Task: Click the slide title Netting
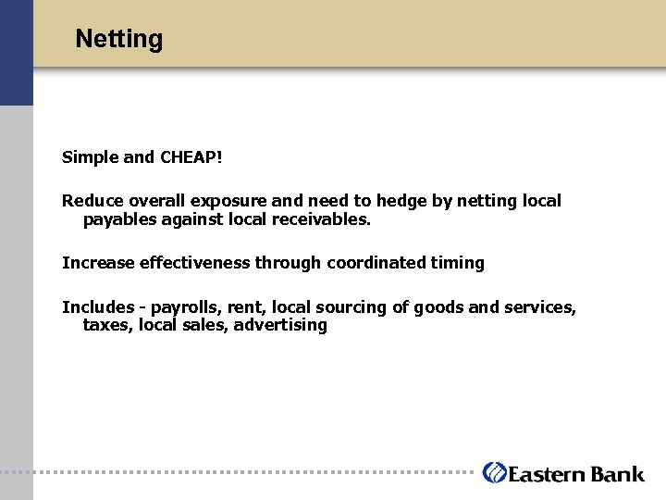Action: coord(118,39)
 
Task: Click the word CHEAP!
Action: coord(191,157)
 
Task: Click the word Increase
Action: coord(98,263)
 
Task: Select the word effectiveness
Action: coord(194,263)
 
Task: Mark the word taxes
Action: coord(106,325)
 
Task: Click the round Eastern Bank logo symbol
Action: coord(495,472)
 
